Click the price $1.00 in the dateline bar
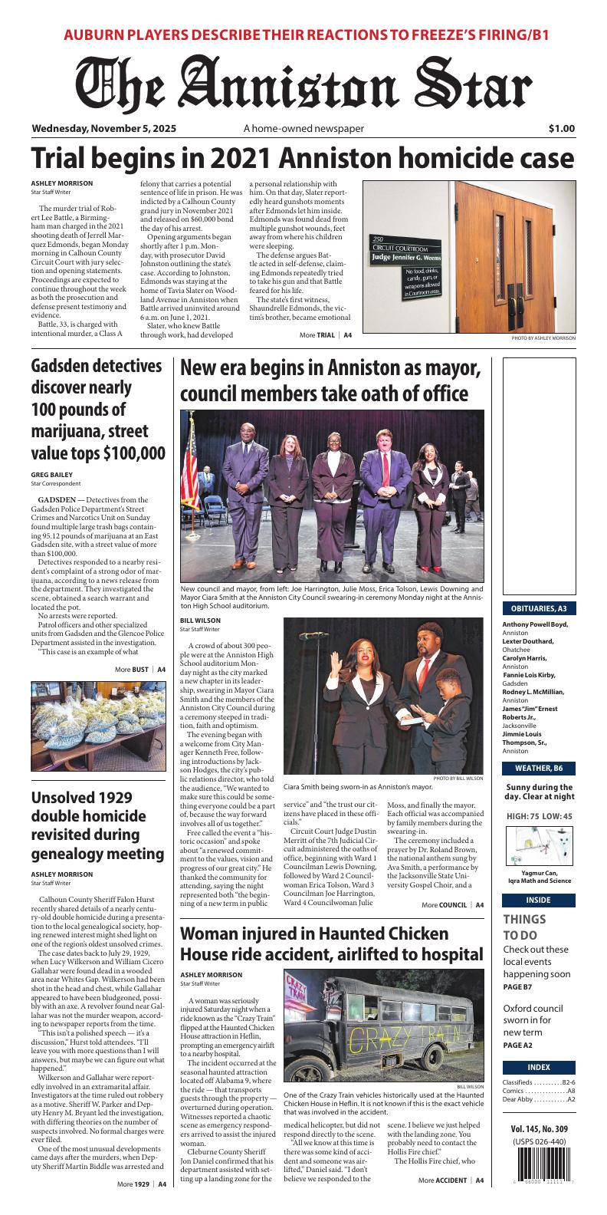pyautogui.click(x=561, y=129)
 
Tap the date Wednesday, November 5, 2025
pyautogui.click(x=104, y=129)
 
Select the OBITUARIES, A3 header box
pyautogui.click(x=540, y=608)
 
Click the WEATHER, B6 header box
pyautogui.click(x=540, y=768)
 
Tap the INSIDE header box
pyautogui.click(x=540, y=900)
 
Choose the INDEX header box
pyautogui.click(x=540, y=1067)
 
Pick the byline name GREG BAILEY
pyautogui.click(x=51, y=475)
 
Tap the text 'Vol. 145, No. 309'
pyautogui.click(x=540, y=1129)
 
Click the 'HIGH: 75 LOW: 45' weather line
pyautogui.click(x=540, y=815)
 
